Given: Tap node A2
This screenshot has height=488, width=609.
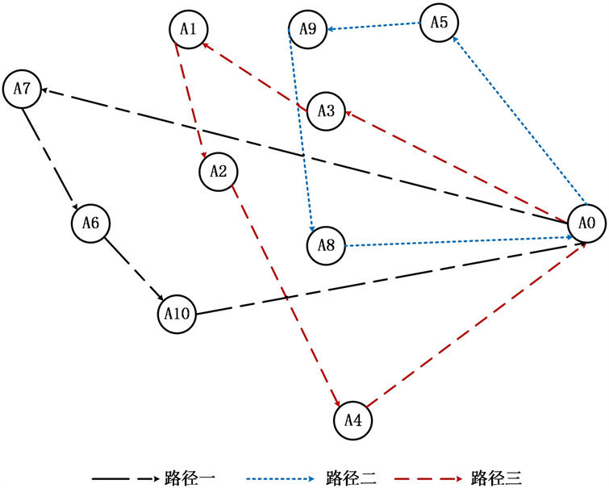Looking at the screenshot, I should coord(218,171).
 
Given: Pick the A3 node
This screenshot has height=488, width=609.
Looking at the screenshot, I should coord(326,111).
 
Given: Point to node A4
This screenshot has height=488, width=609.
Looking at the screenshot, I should coord(353,419).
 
